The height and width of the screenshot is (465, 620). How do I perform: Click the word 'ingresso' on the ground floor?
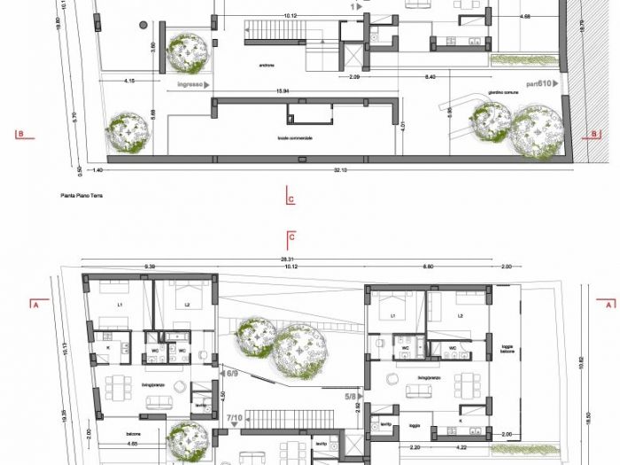click(x=190, y=85)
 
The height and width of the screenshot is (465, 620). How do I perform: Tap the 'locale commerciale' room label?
click(x=294, y=138)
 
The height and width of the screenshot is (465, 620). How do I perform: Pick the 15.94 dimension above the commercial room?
click(x=283, y=91)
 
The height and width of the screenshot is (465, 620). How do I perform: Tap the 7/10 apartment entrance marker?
click(x=236, y=415)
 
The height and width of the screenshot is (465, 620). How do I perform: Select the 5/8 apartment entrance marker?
click(x=352, y=397)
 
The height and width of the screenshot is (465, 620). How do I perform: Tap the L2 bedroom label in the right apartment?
click(x=460, y=315)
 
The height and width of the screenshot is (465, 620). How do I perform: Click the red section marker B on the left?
click(x=18, y=135)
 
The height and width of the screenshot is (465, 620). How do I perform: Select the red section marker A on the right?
click(x=609, y=304)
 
